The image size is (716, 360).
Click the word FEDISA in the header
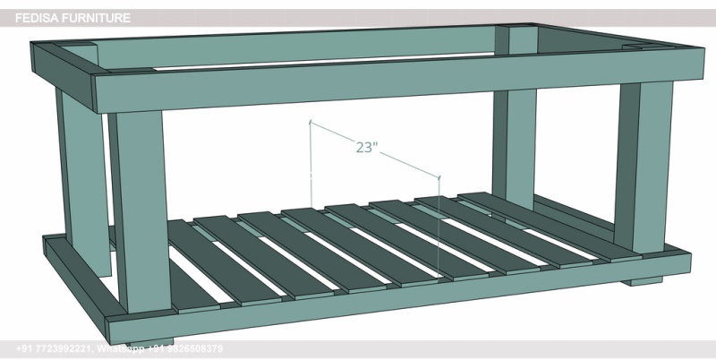coord(35,17)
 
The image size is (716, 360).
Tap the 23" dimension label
coord(367,148)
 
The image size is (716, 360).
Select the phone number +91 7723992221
coord(53,348)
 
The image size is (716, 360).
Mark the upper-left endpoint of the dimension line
coord(310,121)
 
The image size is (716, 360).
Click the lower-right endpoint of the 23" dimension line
coord(440,176)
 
